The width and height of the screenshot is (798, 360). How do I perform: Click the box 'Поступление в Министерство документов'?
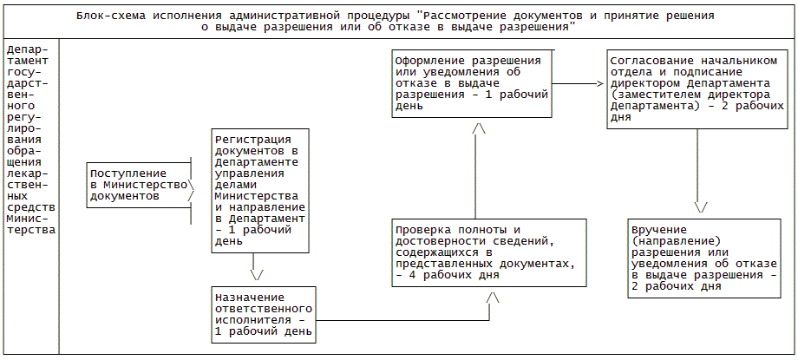pos(139,185)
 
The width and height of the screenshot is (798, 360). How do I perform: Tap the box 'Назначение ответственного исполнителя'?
pos(263,315)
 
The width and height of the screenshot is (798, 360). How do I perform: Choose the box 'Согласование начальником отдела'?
pos(697,88)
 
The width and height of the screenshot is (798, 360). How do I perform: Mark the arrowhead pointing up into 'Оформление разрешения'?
pos(478,128)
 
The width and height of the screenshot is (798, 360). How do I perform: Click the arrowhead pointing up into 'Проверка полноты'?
pos(493,297)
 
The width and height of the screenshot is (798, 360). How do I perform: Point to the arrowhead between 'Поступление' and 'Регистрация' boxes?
pos(193,185)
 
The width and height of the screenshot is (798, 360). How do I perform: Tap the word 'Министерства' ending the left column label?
pos(30,230)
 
